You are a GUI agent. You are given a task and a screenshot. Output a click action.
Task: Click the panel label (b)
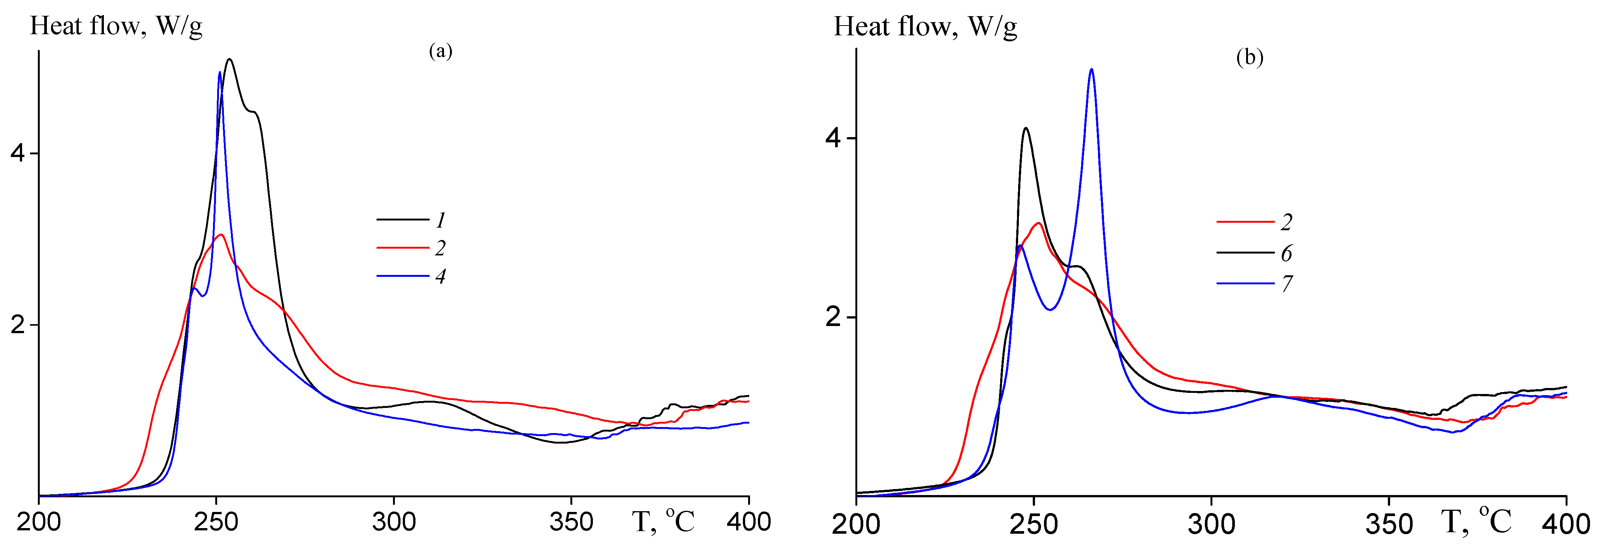[1249, 57]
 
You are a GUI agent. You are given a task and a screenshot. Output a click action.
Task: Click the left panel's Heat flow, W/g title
[116, 26]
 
